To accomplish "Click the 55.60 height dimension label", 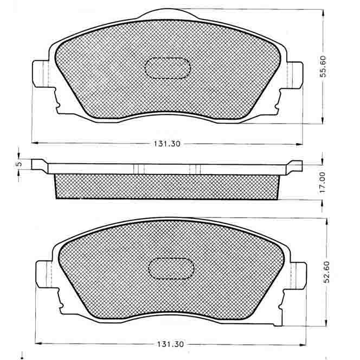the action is (x=323, y=66).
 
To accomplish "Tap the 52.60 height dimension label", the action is (x=327, y=272).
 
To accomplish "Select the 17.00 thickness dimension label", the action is (x=323, y=183).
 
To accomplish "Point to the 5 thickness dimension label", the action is (x=20, y=164).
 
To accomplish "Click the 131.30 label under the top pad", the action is (x=167, y=144).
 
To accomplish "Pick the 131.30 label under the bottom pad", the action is (x=170, y=344).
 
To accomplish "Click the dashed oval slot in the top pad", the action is (x=168, y=68).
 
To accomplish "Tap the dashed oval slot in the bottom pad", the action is (x=171, y=268).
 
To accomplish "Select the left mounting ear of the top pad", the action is (x=41, y=74).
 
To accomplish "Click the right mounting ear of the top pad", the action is (x=295, y=75).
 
